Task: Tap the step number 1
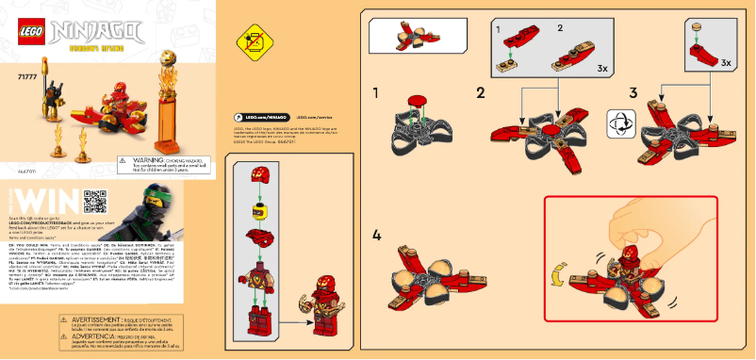376,93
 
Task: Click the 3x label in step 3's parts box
725,63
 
